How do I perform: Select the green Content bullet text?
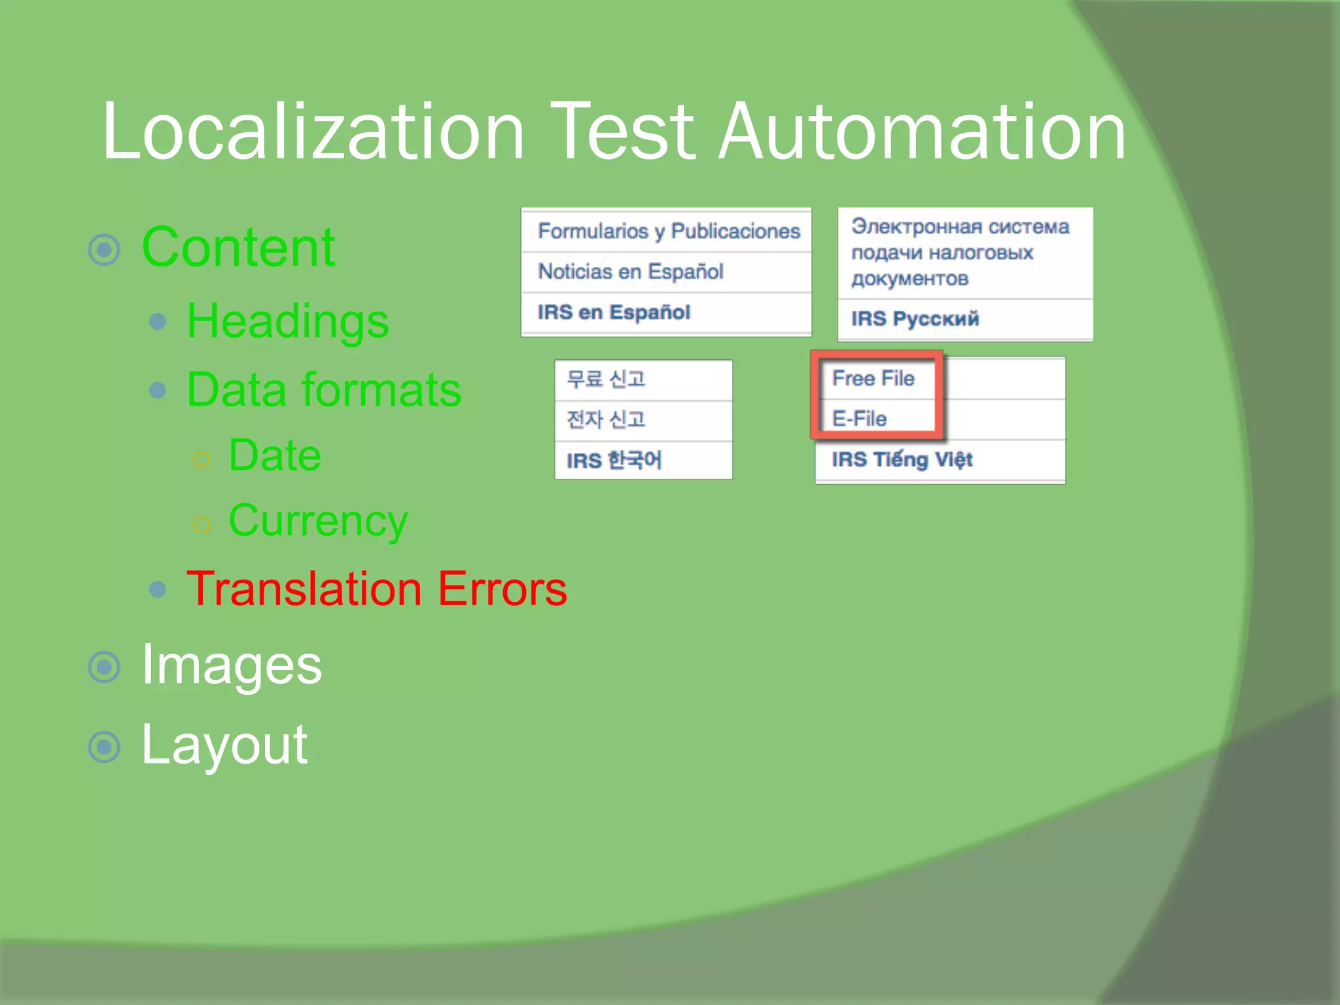pyautogui.click(x=238, y=247)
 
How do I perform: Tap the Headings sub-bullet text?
pyautogui.click(x=288, y=321)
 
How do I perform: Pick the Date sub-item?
pyautogui.click(x=275, y=455)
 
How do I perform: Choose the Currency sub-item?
pyautogui.click(x=318, y=521)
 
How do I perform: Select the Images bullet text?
pyautogui.click(x=232, y=665)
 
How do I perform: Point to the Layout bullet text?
pyautogui.click(x=224, y=745)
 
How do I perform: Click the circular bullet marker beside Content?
pyautogui.click(x=104, y=249)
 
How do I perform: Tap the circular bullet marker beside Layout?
pyautogui.click(x=104, y=747)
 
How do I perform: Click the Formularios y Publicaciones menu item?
pyautogui.click(x=669, y=231)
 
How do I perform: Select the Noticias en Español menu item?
pyautogui.click(x=631, y=272)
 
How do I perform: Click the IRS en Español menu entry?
pyautogui.click(x=614, y=312)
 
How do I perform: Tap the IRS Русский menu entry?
pyautogui.click(x=915, y=319)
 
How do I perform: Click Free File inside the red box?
pyautogui.click(x=873, y=378)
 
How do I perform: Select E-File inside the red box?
pyautogui.click(x=859, y=419)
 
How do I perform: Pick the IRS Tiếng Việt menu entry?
pyautogui.click(x=902, y=459)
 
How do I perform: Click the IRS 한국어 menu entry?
pyautogui.click(x=614, y=461)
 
